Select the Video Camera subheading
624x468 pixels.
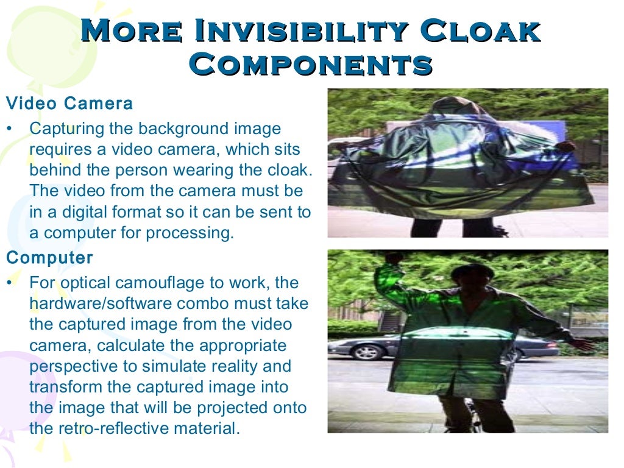tap(69, 104)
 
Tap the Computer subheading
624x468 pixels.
tap(49, 258)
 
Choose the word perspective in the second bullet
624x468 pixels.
tap(69, 367)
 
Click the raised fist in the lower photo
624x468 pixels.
tap(394, 258)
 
